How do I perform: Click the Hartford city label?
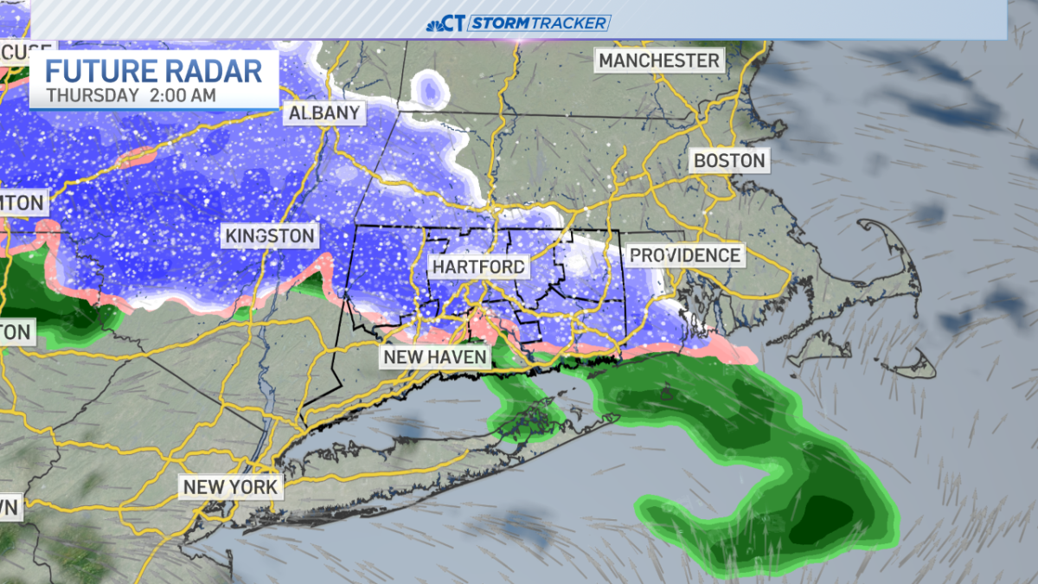(478, 266)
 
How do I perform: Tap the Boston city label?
(728, 161)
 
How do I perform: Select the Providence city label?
(684, 255)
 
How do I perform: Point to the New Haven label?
(436, 356)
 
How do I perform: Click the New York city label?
(230, 486)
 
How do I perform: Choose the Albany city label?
(324, 112)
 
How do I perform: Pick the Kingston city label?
(270, 235)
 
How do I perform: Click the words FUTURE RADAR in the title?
(154, 71)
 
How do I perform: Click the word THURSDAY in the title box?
(91, 95)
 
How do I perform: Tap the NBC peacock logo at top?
(445, 23)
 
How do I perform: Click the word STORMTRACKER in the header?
(540, 23)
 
